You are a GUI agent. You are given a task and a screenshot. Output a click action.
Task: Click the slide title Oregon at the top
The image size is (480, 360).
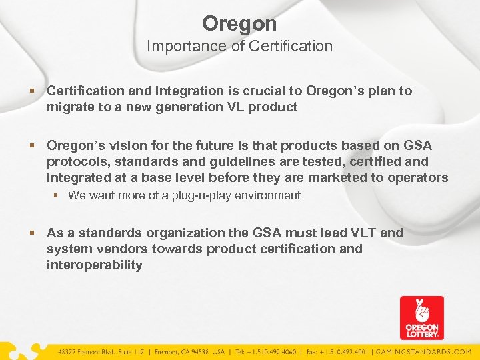(239, 24)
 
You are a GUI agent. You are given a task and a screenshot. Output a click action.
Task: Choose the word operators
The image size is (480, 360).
(421, 177)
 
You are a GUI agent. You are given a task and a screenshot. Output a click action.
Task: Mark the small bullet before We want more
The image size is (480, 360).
(58, 195)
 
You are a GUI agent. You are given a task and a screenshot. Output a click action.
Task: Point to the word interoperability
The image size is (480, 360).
(94, 265)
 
